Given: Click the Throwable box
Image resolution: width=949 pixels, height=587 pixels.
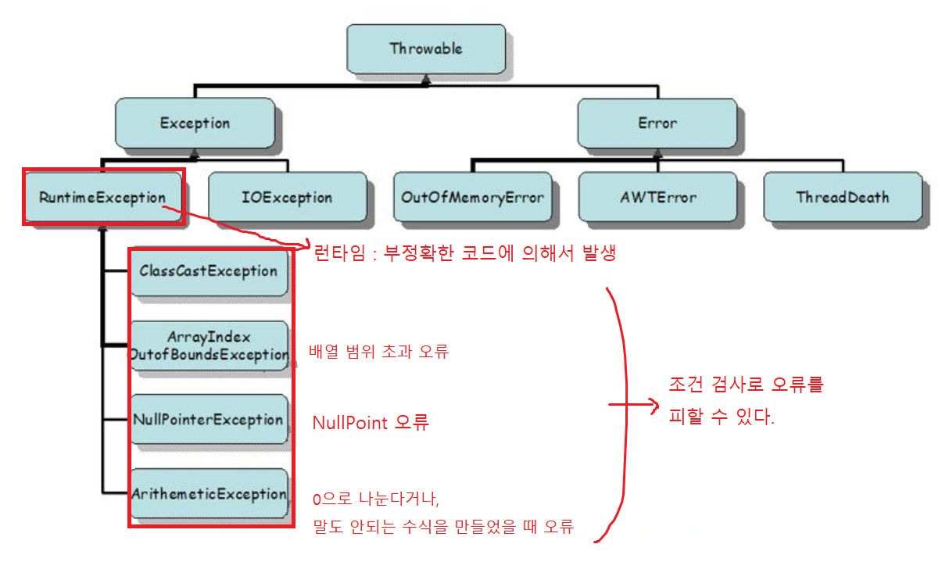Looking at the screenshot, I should point(425,48).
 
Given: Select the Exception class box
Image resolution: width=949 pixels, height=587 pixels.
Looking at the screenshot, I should point(195,123).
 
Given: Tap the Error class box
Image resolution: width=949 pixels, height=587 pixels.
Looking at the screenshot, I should point(657,123).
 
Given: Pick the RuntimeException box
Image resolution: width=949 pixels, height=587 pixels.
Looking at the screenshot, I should point(102,197).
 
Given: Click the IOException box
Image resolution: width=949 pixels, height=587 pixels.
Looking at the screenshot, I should point(287,197).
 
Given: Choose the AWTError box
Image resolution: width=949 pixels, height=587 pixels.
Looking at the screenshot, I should point(657,197).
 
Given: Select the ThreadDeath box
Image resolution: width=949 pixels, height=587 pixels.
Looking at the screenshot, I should point(842,197).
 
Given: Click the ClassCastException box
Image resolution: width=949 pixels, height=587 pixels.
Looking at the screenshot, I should point(209,271).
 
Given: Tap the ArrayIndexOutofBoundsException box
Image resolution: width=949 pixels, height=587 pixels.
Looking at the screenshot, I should point(209,345).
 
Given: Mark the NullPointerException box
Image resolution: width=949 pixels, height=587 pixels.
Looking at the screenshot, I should point(209,420).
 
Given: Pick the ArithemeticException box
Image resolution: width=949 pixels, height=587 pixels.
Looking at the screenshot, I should point(209,494).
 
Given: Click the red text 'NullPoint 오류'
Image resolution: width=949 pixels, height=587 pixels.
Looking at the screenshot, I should point(371,423).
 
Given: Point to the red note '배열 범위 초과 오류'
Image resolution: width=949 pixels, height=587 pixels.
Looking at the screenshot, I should point(378,352).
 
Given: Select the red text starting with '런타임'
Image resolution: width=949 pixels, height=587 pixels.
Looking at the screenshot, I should point(464,253).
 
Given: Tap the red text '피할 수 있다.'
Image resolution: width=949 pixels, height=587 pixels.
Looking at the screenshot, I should point(722,418).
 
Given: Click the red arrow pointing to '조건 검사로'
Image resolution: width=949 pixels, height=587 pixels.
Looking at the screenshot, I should point(633,405).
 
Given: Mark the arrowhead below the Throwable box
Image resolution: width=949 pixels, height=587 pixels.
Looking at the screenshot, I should point(425,78).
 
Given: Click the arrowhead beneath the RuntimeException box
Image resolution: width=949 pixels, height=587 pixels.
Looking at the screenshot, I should point(102,230).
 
